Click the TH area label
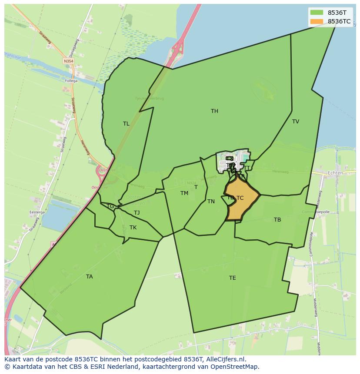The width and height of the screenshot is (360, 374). click(214, 111)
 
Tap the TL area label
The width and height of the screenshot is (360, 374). click(126, 124)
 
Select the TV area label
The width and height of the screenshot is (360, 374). click(296, 122)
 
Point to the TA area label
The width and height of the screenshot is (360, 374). click(89, 277)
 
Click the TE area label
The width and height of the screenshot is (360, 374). click(233, 278)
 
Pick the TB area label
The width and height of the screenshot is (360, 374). click(277, 220)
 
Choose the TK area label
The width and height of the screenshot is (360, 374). click(133, 228)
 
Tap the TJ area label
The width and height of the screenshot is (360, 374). click(137, 213)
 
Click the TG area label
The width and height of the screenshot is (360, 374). click(110, 206)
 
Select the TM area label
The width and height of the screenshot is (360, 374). click(184, 193)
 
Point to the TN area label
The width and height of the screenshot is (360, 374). click(211, 202)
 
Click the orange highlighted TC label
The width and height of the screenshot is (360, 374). click(240, 198)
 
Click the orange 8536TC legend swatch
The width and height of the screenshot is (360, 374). click(317, 21)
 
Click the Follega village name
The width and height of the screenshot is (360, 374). click(71, 81)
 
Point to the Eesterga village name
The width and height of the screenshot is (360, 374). click(37, 212)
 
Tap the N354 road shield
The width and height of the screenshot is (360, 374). click(68, 62)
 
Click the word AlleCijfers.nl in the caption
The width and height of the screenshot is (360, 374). click(225, 359)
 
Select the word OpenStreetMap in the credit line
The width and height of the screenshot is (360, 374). click(235, 367)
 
